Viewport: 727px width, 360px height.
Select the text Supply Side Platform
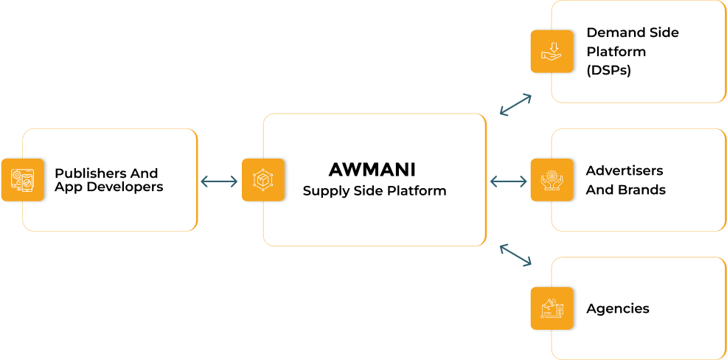[x=375, y=191]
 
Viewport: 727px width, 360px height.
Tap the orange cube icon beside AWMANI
[x=262, y=180]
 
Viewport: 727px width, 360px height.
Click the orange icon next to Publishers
[x=22, y=180]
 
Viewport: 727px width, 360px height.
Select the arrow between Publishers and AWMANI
[x=220, y=181]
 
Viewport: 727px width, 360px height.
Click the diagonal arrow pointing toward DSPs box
[x=515, y=105]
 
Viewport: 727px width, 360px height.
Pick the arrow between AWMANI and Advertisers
[x=508, y=181]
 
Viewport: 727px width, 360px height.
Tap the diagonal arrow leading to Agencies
[x=515, y=255]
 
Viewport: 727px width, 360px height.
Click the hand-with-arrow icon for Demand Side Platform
[x=552, y=52]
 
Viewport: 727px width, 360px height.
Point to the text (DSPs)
[x=608, y=71]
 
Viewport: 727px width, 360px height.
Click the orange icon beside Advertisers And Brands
[x=552, y=180]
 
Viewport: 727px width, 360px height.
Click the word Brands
[x=640, y=190]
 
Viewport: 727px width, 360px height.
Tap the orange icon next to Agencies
[x=552, y=308]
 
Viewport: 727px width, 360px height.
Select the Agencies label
[x=618, y=308]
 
